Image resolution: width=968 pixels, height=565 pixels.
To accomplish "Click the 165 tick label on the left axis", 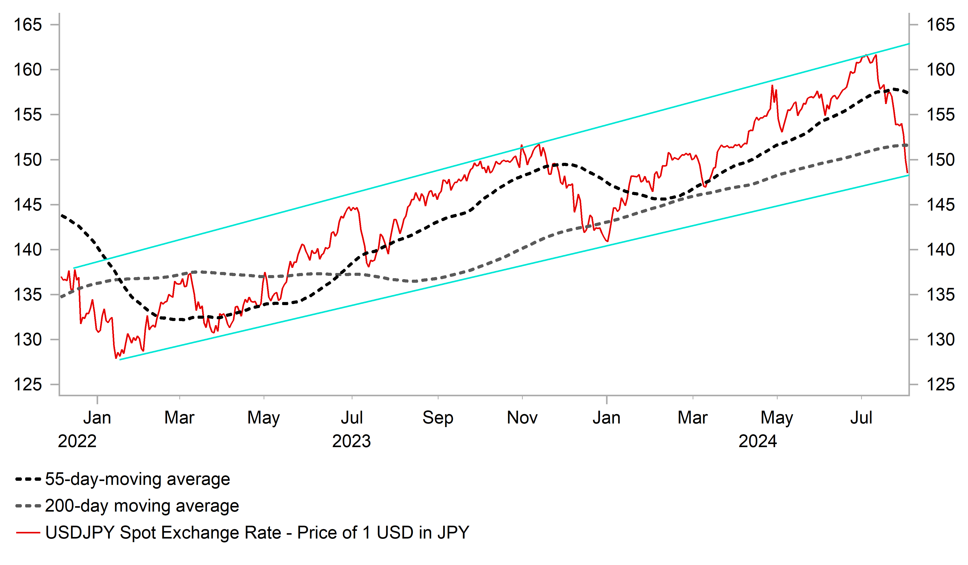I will click(x=28, y=25).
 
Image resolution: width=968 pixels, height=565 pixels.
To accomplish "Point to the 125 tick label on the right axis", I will click(x=940, y=384).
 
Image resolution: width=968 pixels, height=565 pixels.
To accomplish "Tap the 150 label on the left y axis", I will click(x=28, y=160).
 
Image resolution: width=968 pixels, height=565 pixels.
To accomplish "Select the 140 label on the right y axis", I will click(x=940, y=250).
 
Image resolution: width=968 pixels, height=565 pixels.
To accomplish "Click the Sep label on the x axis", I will click(x=438, y=418).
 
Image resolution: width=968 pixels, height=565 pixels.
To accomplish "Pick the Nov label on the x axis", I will click(x=522, y=418).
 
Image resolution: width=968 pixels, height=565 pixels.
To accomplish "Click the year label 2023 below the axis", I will click(x=351, y=441).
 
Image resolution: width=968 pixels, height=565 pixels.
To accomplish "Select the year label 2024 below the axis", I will click(x=758, y=441).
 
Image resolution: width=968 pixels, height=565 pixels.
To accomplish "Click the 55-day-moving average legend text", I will click(x=137, y=479).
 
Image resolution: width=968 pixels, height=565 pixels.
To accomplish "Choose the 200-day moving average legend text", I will click(x=142, y=506).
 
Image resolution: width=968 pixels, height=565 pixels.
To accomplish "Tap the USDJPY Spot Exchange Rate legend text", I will click(x=257, y=533).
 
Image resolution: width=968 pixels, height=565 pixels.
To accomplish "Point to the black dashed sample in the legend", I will click(x=28, y=479).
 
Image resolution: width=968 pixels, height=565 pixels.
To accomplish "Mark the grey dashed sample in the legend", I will click(x=28, y=506).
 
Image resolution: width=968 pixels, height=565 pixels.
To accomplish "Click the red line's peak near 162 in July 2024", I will click(x=866, y=55).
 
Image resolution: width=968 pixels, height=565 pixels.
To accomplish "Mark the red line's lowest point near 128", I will click(x=116, y=358).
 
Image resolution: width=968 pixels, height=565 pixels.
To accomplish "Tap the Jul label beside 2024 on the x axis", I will click(x=861, y=418).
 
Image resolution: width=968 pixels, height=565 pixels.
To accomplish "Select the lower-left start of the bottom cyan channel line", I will click(x=120, y=360).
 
